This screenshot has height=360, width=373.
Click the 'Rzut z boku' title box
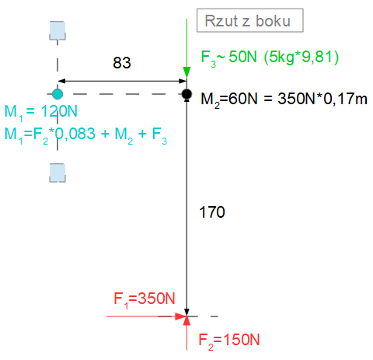point(250,20)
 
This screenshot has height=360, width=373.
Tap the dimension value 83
point(122,63)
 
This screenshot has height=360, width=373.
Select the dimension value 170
point(212,212)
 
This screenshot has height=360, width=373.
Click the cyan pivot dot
point(58,94)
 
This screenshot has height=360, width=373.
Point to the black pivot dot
point(186,94)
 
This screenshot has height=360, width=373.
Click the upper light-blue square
point(58,30)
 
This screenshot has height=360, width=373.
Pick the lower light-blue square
point(58,173)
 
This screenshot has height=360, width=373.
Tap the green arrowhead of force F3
point(186,72)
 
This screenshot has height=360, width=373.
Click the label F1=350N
point(145,299)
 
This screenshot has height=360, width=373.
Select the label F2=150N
point(229,341)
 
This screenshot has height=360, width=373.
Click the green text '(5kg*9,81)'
point(302,57)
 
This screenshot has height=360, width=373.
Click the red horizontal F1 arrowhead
point(181,316)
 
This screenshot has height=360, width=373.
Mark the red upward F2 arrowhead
point(186,321)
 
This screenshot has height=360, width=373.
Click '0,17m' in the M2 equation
point(345,100)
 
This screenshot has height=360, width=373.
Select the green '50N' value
point(242,57)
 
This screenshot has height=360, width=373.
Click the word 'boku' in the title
point(273,21)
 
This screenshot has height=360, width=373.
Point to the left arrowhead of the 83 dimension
point(61,81)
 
